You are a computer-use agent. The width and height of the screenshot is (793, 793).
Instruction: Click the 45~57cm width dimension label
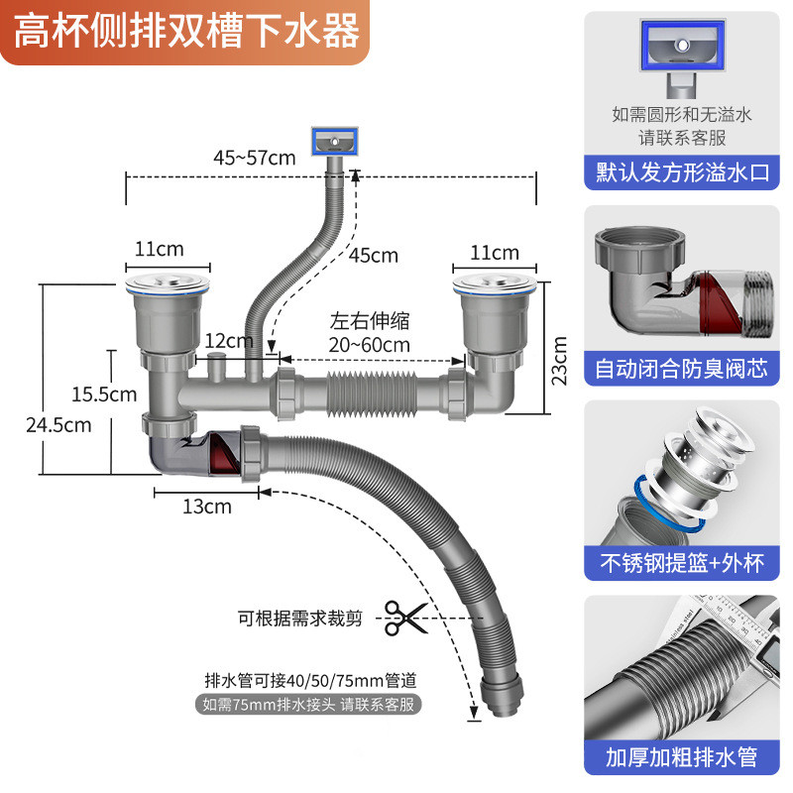pyautogui.click(x=255, y=158)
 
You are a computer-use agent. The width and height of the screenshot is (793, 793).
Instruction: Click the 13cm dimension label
pyautogui.click(x=206, y=507)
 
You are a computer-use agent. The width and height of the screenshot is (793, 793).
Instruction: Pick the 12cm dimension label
pyautogui.click(x=228, y=341)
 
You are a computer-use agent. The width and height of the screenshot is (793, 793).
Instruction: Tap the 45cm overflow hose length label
pyautogui.click(x=373, y=256)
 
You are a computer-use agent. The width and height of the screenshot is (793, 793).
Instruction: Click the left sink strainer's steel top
pyautogui.click(x=169, y=286)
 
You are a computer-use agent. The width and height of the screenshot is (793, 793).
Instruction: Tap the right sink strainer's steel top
pyautogui.click(x=494, y=286)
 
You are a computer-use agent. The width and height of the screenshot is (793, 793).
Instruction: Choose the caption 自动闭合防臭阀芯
pyautogui.click(x=682, y=369)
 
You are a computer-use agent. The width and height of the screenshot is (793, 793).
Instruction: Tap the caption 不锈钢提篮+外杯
pyautogui.click(x=682, y=563)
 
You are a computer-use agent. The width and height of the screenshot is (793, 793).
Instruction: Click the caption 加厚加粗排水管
pyautogui.click(x=682, y=757)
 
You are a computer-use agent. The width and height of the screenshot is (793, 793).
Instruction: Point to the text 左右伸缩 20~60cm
pyautogui.click(x=370, y=332)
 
